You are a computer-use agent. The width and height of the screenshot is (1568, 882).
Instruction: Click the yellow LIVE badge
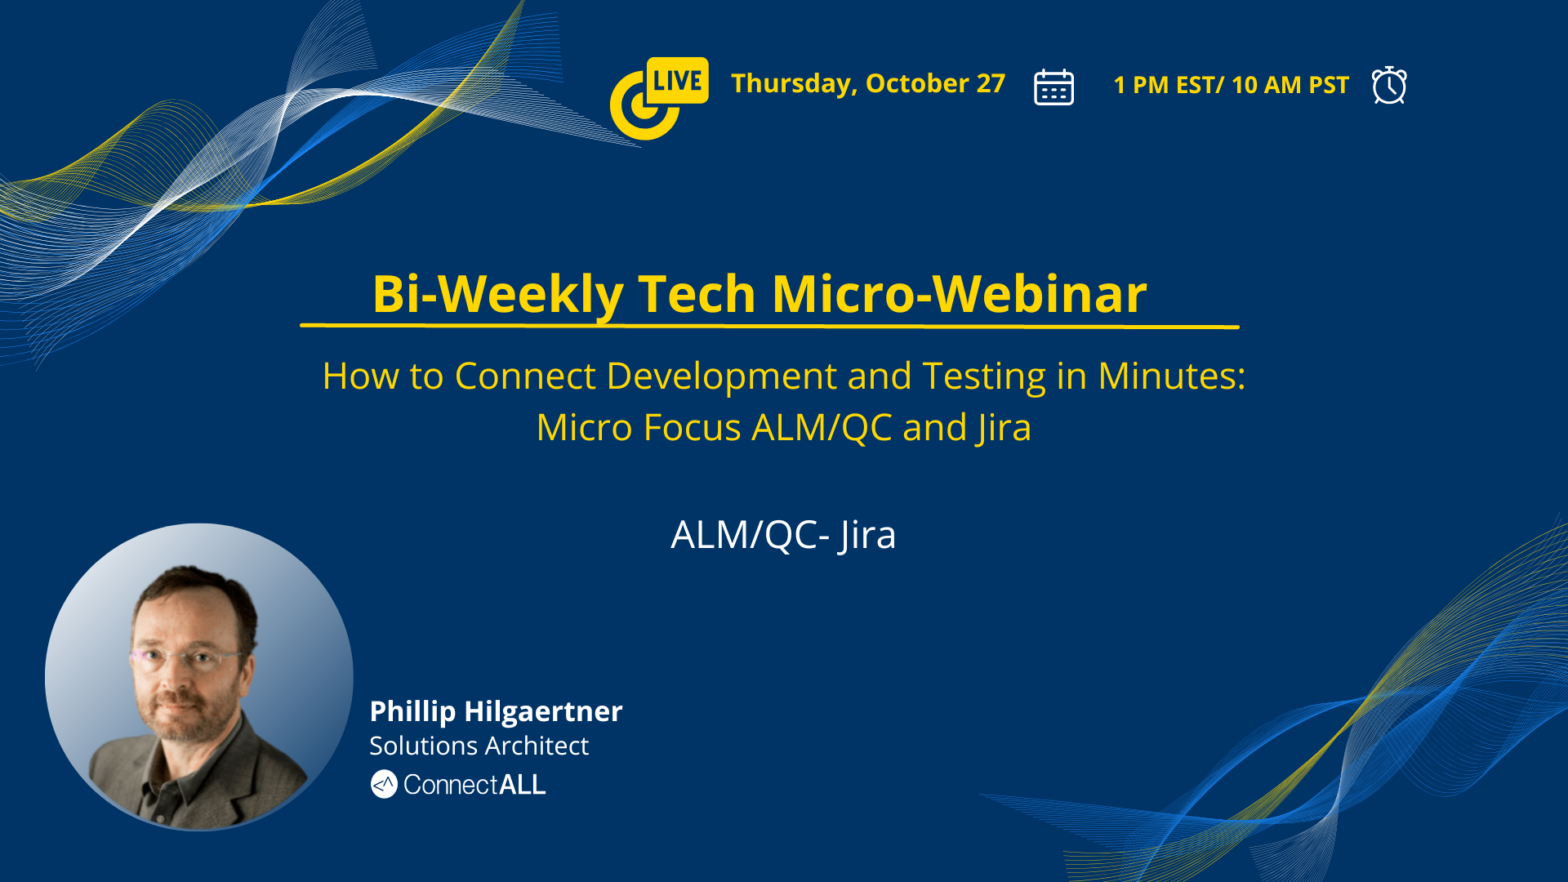click(677, 80)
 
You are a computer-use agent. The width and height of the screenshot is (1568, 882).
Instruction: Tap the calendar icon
click(1053, 87)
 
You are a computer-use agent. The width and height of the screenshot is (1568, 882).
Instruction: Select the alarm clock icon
click(1389, 85)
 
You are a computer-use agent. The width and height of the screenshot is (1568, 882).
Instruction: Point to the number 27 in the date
click(991, 83)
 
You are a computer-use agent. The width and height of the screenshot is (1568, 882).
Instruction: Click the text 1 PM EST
click(1164, 85)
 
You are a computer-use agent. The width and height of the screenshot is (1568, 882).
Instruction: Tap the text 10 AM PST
click(1290, 85)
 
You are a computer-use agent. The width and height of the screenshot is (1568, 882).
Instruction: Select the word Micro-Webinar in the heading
click(960, 293)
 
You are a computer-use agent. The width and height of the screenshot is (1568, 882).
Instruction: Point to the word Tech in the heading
click(697, 293)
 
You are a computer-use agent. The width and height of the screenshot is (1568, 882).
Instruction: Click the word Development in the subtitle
click(722, 376)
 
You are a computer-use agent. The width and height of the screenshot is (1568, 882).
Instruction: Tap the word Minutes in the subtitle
click(1171, 376)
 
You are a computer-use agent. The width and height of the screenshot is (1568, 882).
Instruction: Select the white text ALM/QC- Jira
click(783, 535)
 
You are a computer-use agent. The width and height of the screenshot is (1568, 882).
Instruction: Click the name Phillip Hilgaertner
click(496, 711)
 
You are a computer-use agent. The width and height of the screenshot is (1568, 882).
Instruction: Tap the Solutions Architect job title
click(479, 746)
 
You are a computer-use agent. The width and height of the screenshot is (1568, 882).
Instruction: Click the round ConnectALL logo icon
click(384, 784)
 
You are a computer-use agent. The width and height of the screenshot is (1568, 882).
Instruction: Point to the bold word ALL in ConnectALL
click(522, 785)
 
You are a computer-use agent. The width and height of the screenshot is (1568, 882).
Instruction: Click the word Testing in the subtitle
click(984, 376)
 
